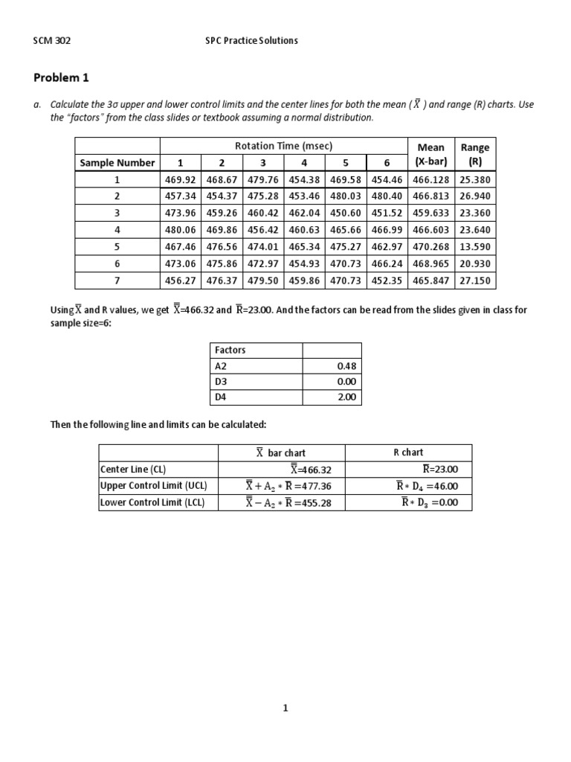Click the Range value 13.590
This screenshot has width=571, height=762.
coord(475,247)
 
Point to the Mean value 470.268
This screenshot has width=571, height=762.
coord(430,247)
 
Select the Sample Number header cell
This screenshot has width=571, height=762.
coord(117,162)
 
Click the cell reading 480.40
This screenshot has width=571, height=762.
coord(386,196)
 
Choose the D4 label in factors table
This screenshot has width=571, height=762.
coord(220,397)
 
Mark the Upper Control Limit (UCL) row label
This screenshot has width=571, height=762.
coord(154,485)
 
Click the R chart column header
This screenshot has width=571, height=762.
coord(408,452)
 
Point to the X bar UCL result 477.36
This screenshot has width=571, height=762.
coord(285,486)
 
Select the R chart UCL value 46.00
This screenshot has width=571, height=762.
coord(429,486)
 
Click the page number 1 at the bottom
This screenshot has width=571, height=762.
coord(285,708)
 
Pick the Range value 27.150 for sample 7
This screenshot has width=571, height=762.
coord(475,281)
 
